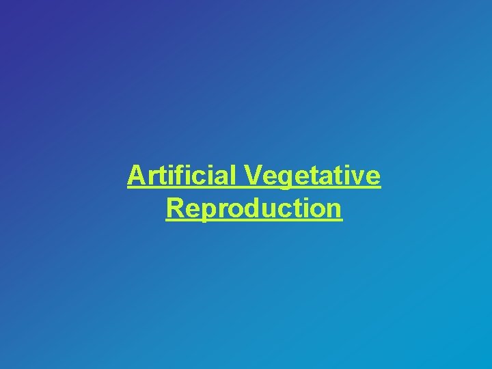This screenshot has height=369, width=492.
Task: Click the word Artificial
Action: tap(182, 176)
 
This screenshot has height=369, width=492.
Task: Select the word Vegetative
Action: tap(312, 177)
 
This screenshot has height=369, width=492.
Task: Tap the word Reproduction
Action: tap(254, 208)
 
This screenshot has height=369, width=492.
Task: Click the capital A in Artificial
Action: tap(136, 176)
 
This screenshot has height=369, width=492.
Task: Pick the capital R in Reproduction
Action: tap(174, 208)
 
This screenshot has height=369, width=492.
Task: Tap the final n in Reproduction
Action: tap(333, 209)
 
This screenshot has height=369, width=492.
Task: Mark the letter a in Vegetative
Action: tap(329, 178)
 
